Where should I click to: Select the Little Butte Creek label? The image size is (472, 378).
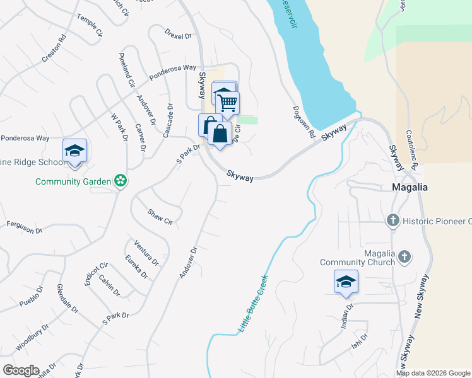(254, 304)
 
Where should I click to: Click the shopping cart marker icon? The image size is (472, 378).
(228, 102)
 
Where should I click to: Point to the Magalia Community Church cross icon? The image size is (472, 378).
(404, 257)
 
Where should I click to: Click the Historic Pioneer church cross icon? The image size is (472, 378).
(392, 220)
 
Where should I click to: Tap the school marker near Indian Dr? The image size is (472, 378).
(346, 282)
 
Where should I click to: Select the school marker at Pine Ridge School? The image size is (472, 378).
(74, 151)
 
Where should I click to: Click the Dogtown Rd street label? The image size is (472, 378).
(304, 122)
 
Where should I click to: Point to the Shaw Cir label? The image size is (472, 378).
(160, 217)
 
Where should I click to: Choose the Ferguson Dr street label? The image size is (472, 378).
(25, 227)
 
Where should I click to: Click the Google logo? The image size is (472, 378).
(20, 370)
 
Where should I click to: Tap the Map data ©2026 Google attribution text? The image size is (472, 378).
(434, 373)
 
